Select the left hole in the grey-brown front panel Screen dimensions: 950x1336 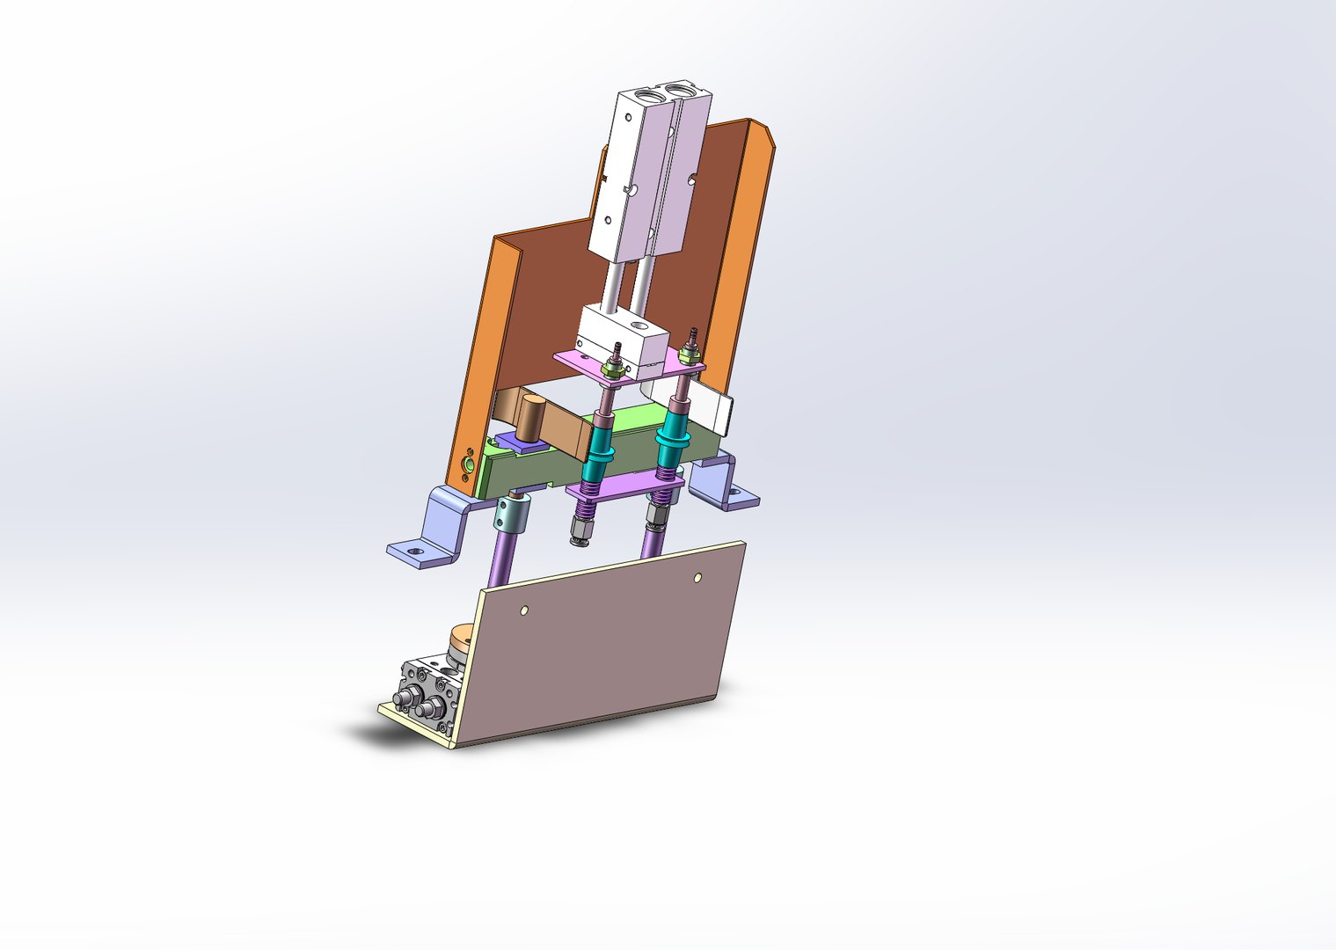tap(525, 609)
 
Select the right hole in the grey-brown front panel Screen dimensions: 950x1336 tap(697, 578)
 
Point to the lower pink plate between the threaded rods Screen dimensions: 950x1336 tap(624, 485)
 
